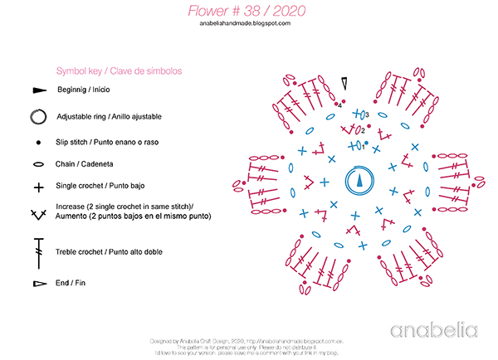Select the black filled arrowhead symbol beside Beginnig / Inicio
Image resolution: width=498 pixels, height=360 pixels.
click(39, 90)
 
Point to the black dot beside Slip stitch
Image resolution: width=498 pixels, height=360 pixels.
click(38, 143)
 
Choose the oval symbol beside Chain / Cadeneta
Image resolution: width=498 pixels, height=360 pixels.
click(38, 165)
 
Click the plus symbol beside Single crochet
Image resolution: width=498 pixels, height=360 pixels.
click(38, 187)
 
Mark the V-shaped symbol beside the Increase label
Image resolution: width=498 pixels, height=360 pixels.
click(38, 214)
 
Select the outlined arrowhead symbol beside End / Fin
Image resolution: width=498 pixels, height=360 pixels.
click(38, 284)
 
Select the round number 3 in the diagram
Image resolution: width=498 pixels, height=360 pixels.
click(368, 114)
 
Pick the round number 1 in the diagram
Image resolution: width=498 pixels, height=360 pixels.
click(363, 147)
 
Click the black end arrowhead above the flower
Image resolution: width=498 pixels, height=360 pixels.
click(344, 82)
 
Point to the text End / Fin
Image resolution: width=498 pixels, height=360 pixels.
click(71, 283)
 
